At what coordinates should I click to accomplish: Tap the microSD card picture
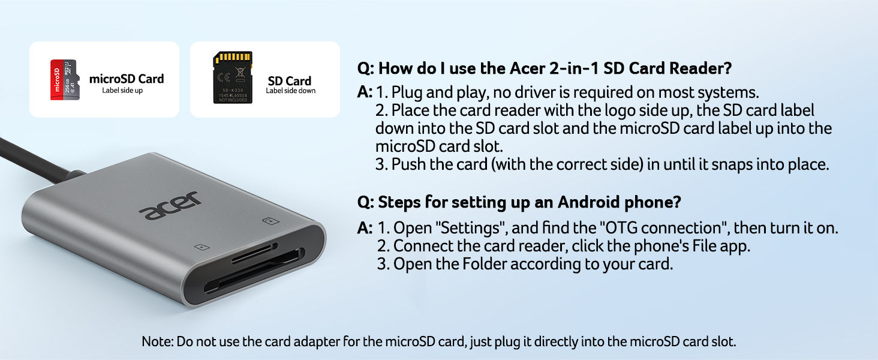64,80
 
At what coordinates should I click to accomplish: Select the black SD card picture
233,77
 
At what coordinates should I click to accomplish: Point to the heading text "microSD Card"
126,79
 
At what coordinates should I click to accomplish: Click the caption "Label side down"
290,91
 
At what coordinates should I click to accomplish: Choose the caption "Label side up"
122,91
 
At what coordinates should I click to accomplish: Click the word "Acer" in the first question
529,68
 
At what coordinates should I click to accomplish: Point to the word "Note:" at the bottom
157,342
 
